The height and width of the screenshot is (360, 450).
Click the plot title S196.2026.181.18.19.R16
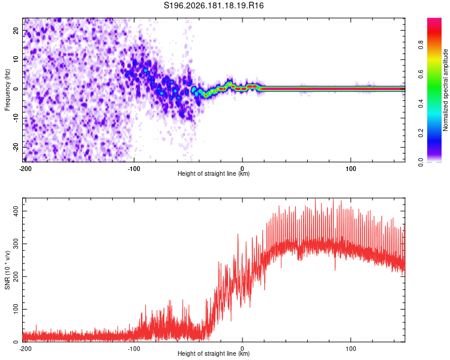coord(214,5)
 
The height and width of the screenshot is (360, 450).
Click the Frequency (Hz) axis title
coord(7,89)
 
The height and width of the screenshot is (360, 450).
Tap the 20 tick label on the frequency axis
coord(16,31)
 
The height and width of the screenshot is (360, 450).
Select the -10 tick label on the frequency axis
coord(16,118)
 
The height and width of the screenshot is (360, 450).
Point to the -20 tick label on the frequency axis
coord(16,147)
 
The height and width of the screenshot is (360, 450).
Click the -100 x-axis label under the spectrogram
coord(134,169)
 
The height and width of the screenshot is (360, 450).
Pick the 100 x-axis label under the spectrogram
coord(351,169)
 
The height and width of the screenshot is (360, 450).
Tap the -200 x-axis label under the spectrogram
coord(25,169)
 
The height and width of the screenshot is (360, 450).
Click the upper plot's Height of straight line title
coord(214,173)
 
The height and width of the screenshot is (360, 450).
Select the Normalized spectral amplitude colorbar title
coord(445,89)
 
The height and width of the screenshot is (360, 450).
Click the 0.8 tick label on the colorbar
coord(421,45)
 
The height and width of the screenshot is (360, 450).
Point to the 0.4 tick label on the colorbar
coord(421,104)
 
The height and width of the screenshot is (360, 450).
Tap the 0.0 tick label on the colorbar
coord(421,162)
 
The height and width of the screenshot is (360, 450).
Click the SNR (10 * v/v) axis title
coord(7,270)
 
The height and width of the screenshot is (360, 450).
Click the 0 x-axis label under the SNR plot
coord(242,349)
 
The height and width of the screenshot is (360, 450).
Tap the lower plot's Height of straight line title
coord(214,353)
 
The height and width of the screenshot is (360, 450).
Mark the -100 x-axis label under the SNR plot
coord(134,349)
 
